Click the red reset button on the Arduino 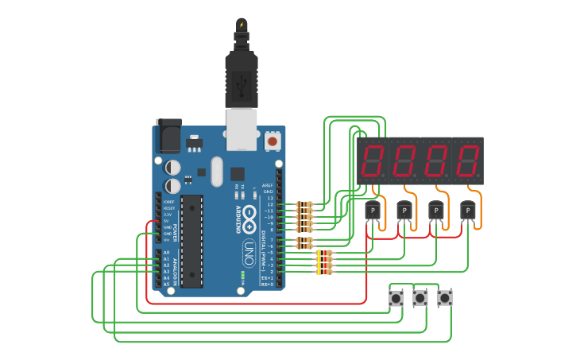[x=273, y=141]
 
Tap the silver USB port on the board [x=242, y=129]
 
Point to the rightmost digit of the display [x=468, y=161]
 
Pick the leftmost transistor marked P [x=372, y=211]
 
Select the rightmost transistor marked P [x=467, y=211]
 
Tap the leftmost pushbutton [x=395, y=298]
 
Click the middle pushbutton [x=419, y=298]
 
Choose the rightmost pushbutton [x=444, y=298]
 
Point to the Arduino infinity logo [x=249, y=215]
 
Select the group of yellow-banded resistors [x=324, y=262]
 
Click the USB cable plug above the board [x=241, y=75]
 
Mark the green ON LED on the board [x=242, y=277]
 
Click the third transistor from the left [x=435, y=211]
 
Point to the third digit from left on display [x=436, y=161]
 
